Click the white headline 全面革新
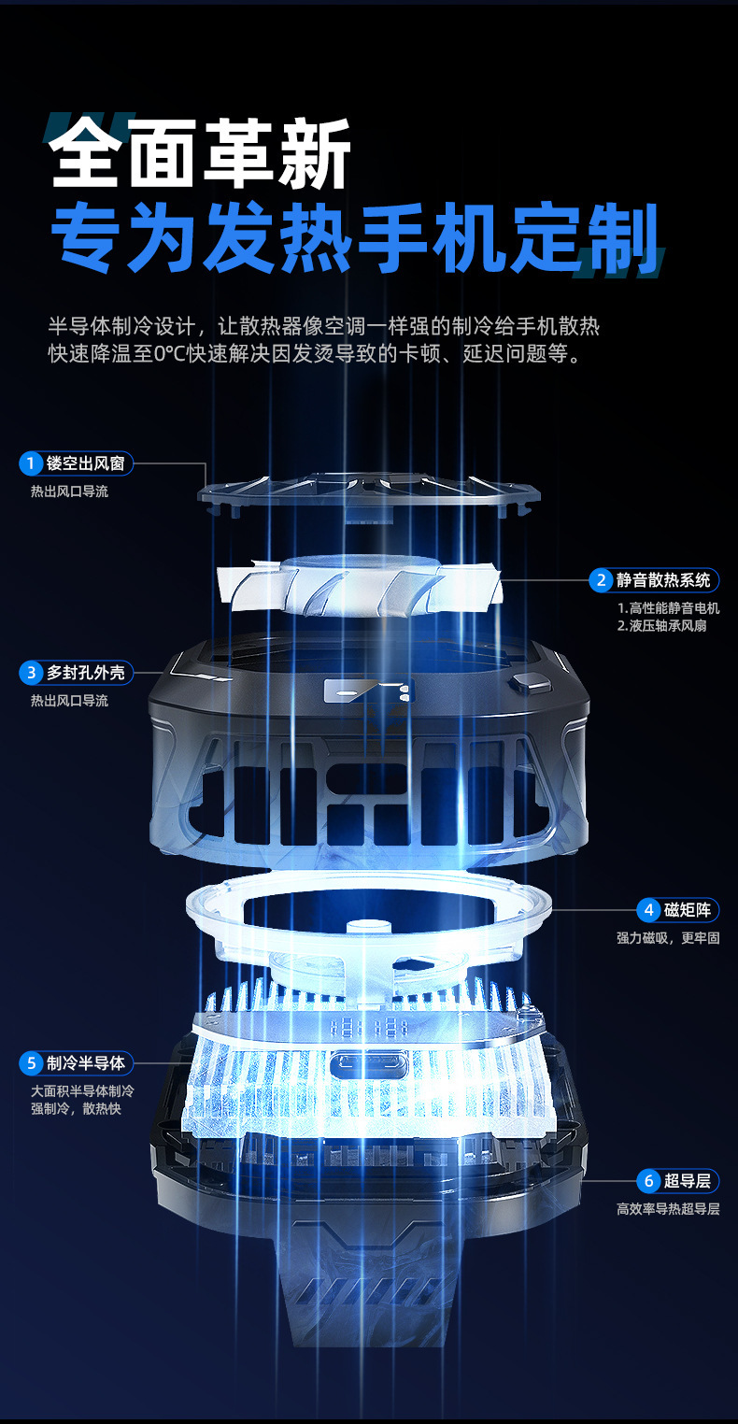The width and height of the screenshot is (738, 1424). click(x=201, y=155)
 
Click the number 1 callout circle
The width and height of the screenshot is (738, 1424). click(x=31, y=463)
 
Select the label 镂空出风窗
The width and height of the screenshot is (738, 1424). click(x=85, y=463)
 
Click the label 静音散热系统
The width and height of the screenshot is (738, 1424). click(x=663, y=580)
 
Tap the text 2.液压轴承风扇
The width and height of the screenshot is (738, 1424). click(x=661, y=625)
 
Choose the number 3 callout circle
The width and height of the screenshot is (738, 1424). click(x=31, y=672)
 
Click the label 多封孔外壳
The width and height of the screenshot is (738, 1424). click(x=85, y=672)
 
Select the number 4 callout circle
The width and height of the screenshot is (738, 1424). click(x=648, y=910)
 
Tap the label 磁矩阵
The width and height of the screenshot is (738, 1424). click(x=690, y=910)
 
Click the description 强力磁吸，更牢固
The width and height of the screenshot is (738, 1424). click(x=667, y=937)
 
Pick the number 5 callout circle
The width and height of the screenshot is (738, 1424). click(x=31, y=1063)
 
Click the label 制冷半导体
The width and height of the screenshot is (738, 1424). click(x=85, y=1063)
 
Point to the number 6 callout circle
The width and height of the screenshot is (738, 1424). click(x=648, y=1181)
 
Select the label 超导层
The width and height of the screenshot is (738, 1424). click(x=690, y=1181)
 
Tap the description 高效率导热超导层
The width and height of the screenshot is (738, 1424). click(x=667, y=1208)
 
